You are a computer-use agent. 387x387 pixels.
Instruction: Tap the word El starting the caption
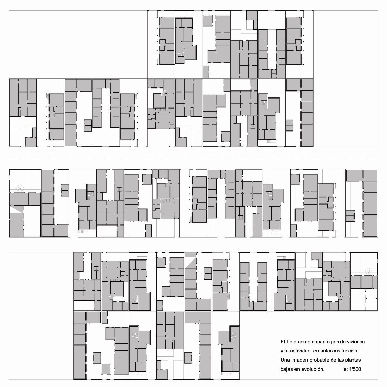(x=283, y=342)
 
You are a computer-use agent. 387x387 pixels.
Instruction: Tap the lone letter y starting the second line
(x=282, y=351)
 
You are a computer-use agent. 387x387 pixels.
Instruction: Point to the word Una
(x=284, y=360)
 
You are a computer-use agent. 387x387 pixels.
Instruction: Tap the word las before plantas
(x=341, y=360)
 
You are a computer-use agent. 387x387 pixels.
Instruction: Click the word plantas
(x=353, y=360)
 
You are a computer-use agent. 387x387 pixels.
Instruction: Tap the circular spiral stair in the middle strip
(x=20, y=188)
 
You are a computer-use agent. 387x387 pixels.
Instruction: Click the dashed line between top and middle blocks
(x=193, y=158)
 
